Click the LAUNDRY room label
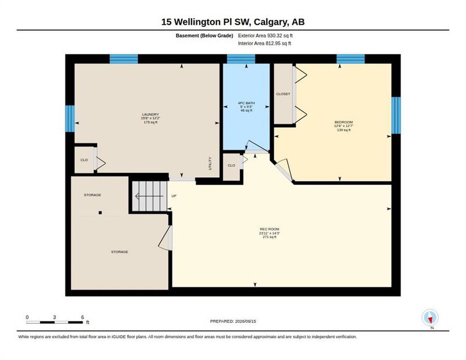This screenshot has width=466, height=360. coord(150,114)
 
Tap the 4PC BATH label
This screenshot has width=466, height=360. coord(246,103)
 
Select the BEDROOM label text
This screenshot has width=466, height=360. coord(344,122)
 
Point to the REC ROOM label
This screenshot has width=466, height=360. coord(270,229)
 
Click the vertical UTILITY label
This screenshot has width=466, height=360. coord(210,164)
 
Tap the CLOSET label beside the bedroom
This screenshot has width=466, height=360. coord(283,94)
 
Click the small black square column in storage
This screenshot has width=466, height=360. coord(100,213)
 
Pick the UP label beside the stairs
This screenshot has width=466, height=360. coord(174,196)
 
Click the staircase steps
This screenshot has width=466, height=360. coord(150,196)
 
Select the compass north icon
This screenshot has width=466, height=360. coord(430,317)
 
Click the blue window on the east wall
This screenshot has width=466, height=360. coord(396,115)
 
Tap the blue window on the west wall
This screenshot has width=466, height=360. coord(70,119)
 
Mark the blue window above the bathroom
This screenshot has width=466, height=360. coord(241,59)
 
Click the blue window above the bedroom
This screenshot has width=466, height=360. coord(351,59)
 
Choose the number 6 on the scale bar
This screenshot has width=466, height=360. coord(83,317)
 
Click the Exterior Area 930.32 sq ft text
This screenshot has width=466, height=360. coord(266,36)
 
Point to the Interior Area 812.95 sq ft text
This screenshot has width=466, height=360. coord(264,44)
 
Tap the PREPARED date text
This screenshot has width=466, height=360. coord(233,322)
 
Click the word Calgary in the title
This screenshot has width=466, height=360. coord(271,22)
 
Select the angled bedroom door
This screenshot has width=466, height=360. coord(283,171)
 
